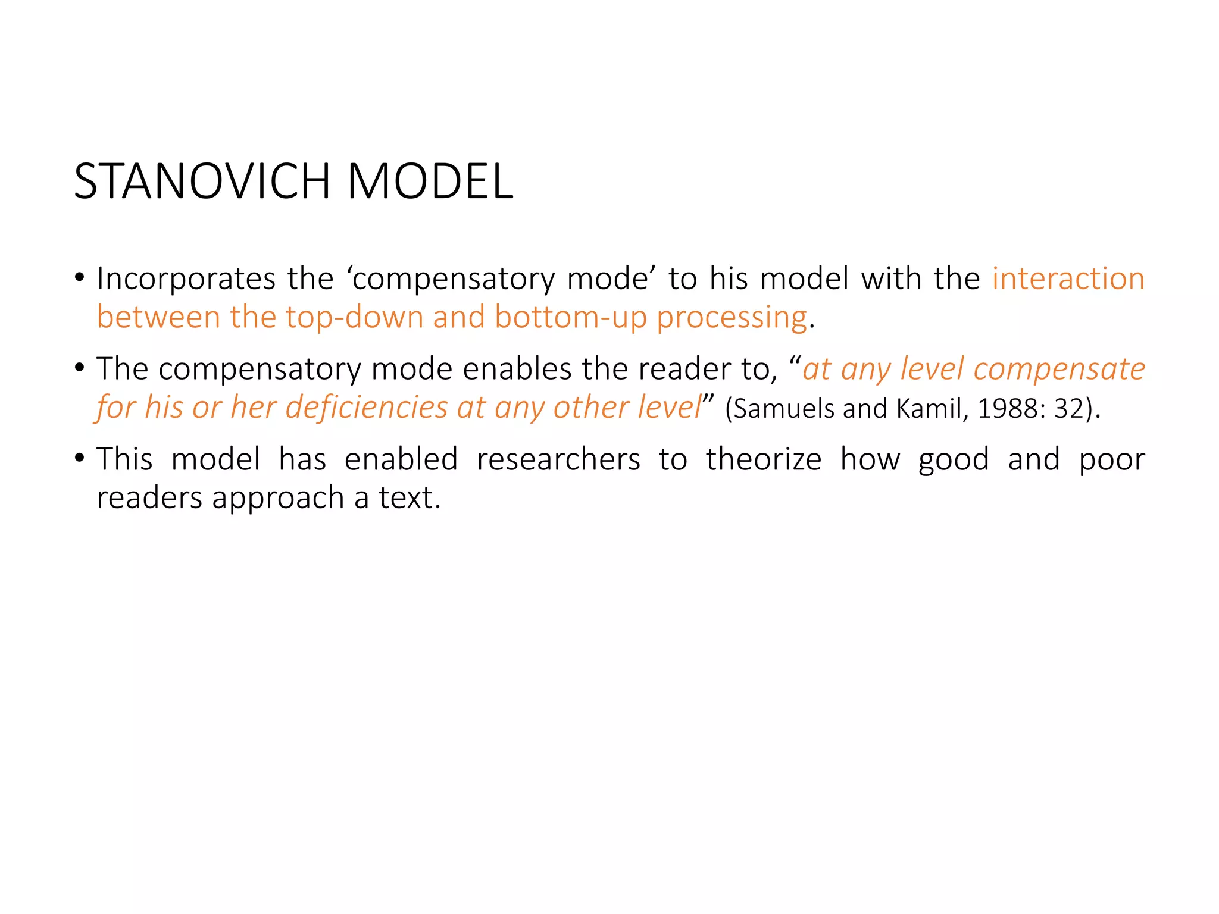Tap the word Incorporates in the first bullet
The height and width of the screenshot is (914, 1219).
[186, 279]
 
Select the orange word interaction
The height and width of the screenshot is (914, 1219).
[1068, 279]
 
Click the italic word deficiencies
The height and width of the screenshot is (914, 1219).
[367, 408]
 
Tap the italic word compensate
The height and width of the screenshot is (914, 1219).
[1059, 370]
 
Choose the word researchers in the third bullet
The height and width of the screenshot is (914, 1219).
[558, 460]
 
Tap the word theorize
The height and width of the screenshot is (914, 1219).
[764, 460]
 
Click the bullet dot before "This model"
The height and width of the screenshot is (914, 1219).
[80, 459]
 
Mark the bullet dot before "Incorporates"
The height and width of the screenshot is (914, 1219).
[80, 278]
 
